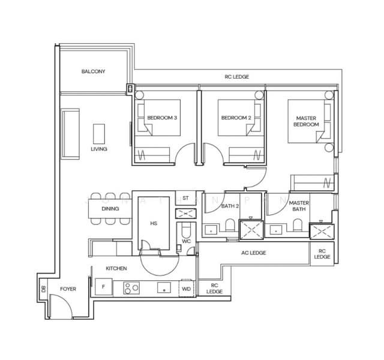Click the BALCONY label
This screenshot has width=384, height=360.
coord(93,71)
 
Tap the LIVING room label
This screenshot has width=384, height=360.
coord(99,149)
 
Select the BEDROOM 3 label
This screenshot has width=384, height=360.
coord(162,118)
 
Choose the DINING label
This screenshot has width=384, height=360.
coord(110,209)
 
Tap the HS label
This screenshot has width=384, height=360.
coord(154,223)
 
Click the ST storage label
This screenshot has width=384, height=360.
coord(185,197)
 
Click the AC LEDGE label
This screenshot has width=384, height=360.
coord(253,253)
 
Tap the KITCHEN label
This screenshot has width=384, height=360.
coord(116,269)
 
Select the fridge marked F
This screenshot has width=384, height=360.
coord(103,287)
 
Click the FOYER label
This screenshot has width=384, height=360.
coord(68,289)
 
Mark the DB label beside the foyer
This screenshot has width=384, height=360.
coord(44,289)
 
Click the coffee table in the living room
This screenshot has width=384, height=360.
coord(99,133)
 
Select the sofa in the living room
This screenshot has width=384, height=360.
coord(70,134)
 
